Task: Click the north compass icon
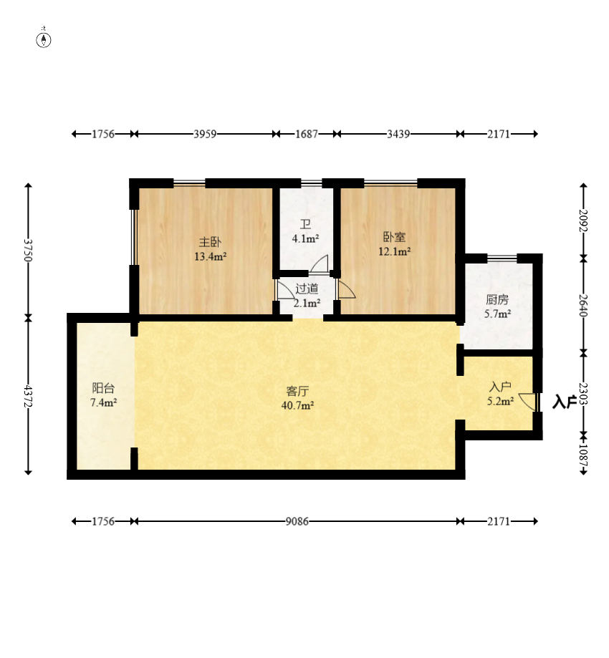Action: point(44,39)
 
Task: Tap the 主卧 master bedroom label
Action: point(210,242)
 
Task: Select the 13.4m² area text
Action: point(211,256)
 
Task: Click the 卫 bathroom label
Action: point(305,224)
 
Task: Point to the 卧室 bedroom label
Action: point(394,237)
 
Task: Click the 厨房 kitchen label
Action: point(497,299)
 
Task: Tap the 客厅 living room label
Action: point(298,391)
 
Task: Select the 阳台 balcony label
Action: point(103,388)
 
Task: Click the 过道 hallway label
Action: point(307,289)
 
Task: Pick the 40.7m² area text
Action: point(298,405)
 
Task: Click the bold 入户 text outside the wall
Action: point(564,402)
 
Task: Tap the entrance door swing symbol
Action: point(527,402)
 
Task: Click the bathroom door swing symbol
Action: point(320,264)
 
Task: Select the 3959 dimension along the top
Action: point(205,134)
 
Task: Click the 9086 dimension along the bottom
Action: point(297,521)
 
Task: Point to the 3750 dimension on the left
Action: point(28,250)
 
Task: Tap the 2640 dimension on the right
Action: point(583,306)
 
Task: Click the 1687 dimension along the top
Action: point(307,134)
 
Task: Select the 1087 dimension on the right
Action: point(583,455)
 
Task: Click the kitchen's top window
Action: point(502,258)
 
